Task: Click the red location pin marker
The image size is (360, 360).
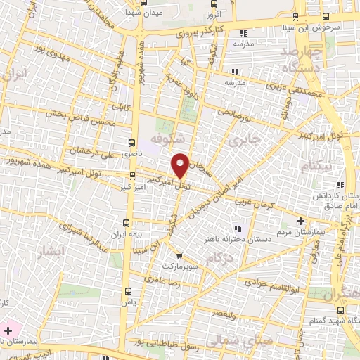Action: tap(180, 165)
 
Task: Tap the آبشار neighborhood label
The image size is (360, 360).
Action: tap(51, 251)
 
